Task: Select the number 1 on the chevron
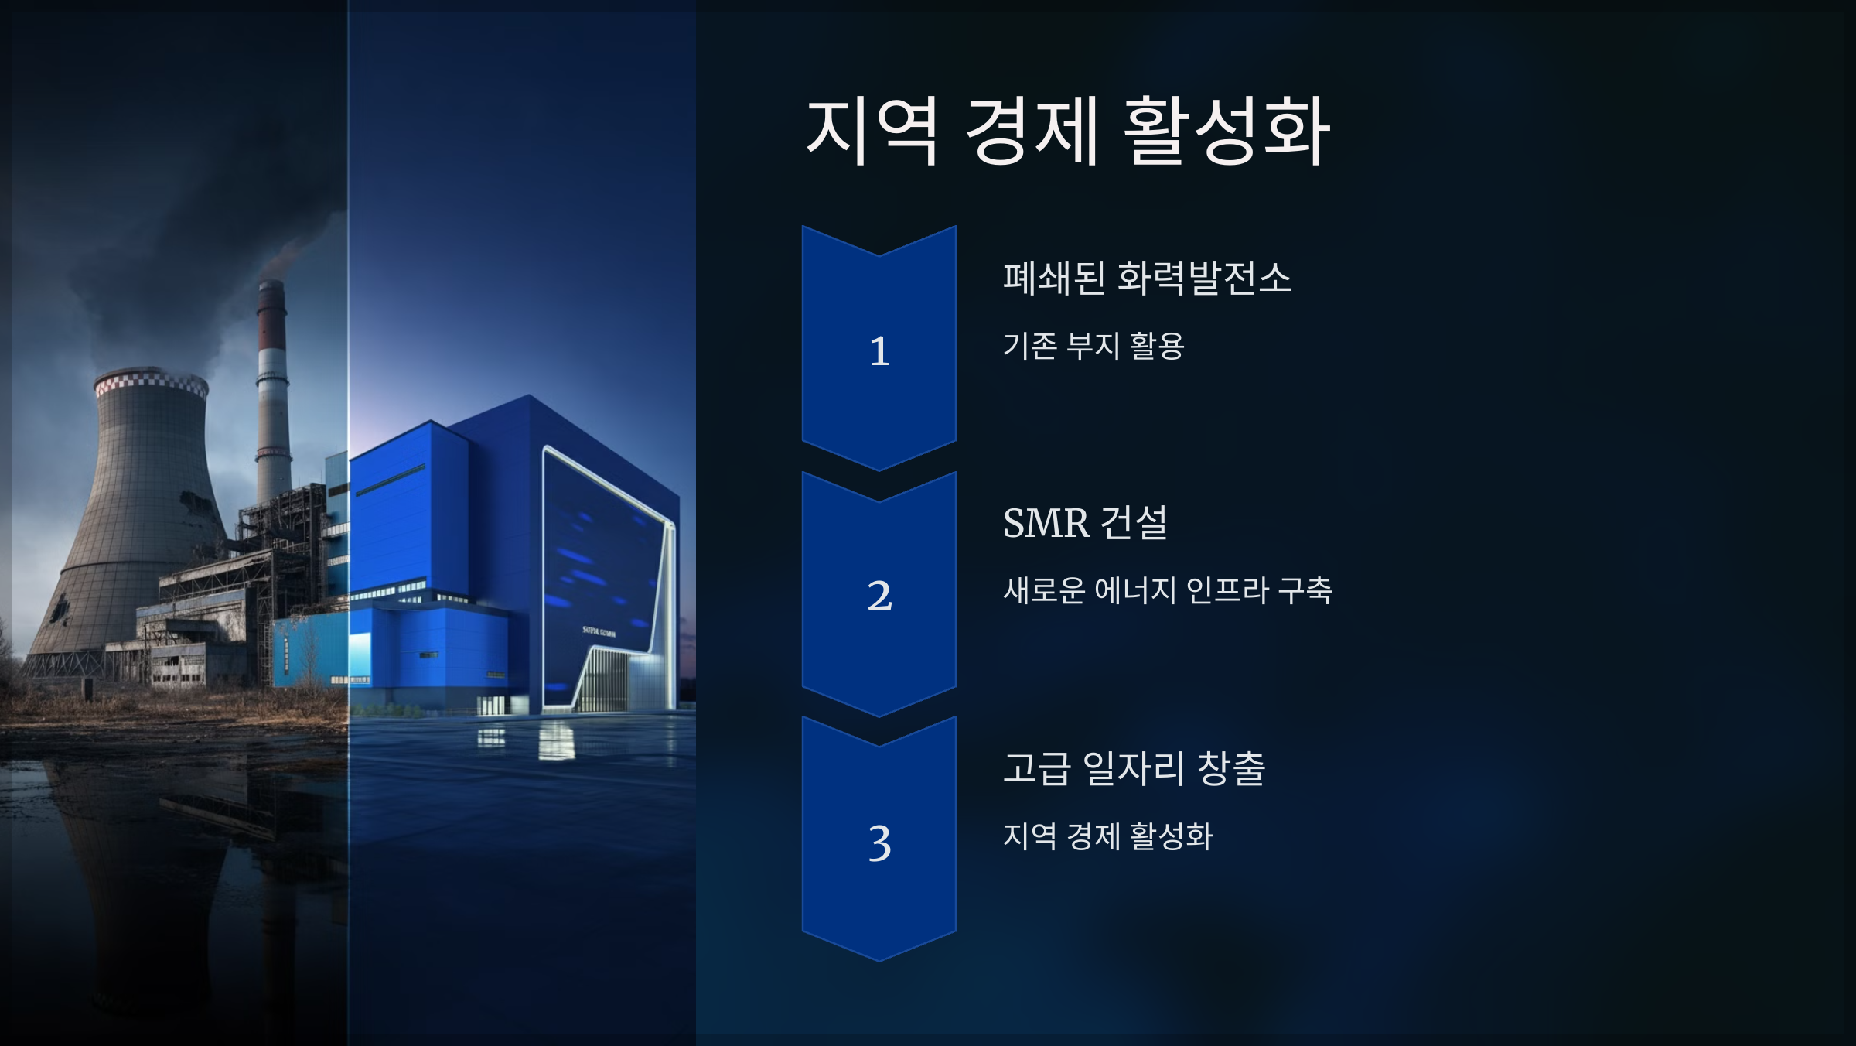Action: click(x=879, y=350)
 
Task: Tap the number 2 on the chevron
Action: click(x=879, y=596)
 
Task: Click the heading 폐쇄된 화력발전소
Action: click(x=1147, y=278)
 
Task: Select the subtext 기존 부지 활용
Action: click(x=1093, y=345)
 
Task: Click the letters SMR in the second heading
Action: click(x=1046, y=523)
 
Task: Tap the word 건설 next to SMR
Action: click(x=1134, y=523)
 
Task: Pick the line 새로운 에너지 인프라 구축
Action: click(x=1168, y=590)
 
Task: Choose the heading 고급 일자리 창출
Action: click(x=1134, y=768)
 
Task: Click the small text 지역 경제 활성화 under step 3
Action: click(x=1107, y=836)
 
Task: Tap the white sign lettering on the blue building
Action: click(x=599, y=632)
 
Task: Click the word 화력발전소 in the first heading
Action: click(x=1205, y=278)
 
